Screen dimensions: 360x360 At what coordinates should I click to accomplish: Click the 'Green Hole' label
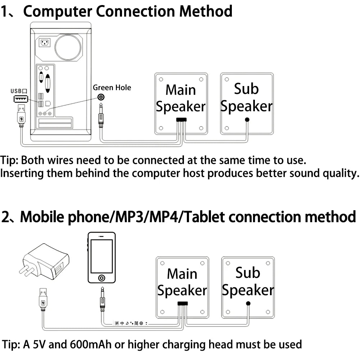112,87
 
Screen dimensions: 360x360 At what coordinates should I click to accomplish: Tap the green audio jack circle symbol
102,97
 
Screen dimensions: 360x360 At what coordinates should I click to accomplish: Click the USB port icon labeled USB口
21,99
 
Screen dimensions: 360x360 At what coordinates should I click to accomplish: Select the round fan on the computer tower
68,48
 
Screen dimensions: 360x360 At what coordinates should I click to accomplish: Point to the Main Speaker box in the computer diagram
181,104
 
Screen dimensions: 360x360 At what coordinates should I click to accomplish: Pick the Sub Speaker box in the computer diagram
247,104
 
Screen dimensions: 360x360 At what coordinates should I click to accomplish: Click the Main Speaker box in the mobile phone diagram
182,287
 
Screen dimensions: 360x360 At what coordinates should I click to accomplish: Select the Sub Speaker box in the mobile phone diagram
248,287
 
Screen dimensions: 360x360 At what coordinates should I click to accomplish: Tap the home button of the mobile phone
102,278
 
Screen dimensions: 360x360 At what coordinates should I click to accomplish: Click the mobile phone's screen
102,256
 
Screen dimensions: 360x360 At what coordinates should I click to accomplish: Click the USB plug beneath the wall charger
43,299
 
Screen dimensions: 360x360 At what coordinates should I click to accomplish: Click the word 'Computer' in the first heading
58,12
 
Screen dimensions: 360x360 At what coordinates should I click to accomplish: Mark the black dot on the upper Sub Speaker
247,120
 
